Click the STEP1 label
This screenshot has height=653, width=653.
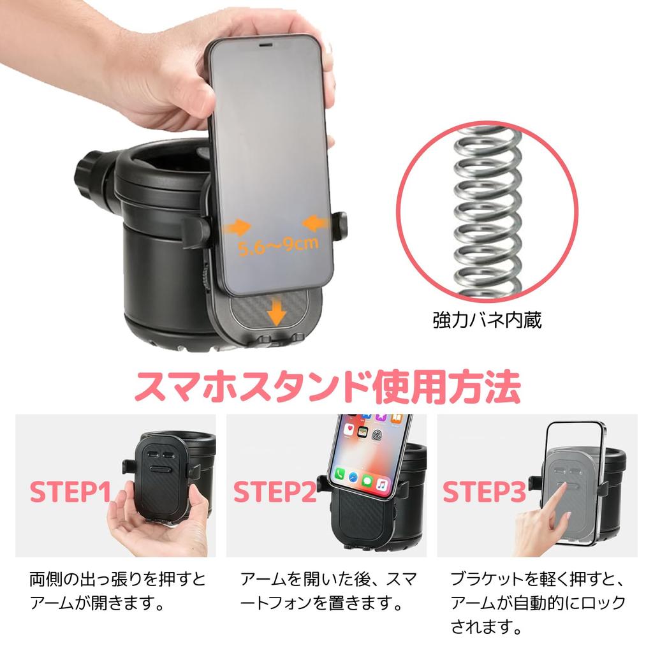coord(71,492)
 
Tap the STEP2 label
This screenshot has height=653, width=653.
coord(274,492)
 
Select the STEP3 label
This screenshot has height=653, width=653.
coord(484,492)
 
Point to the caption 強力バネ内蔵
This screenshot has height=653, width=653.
coord(487,320)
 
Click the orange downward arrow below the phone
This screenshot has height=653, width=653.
coord(276,313)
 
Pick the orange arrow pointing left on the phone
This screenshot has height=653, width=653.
coord(316,223)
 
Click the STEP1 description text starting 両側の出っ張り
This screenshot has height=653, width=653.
coord(118,591)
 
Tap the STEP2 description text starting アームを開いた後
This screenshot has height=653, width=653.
coord(328,591)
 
